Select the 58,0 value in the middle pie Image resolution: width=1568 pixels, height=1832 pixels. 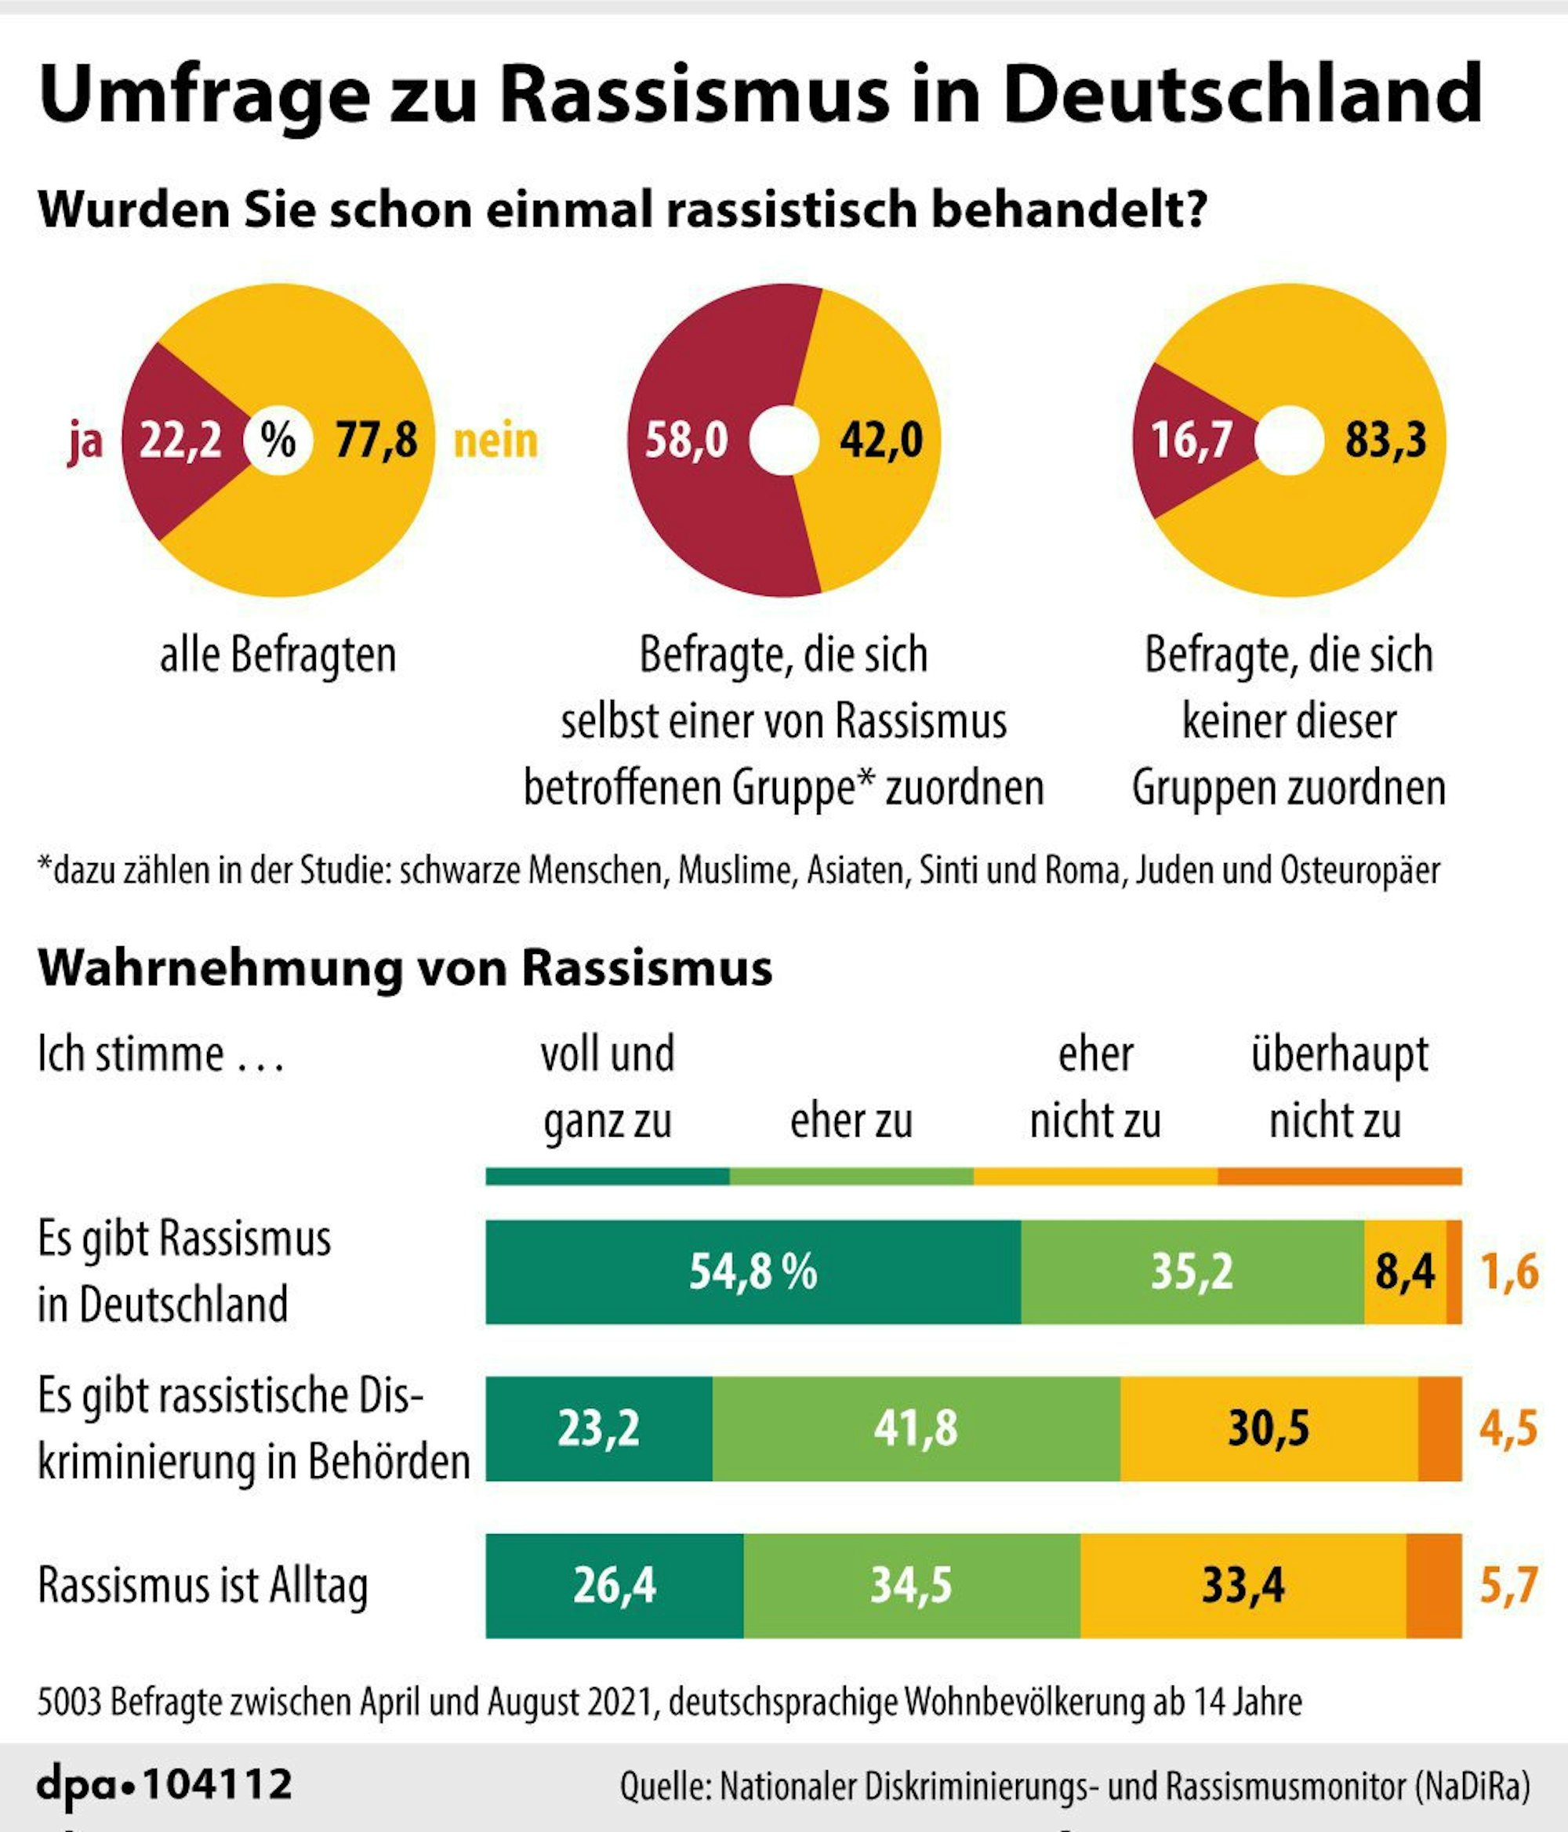pos(685,440)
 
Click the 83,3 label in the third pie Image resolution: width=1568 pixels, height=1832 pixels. pos(1385,440)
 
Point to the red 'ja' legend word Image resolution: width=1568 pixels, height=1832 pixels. pos(85,441)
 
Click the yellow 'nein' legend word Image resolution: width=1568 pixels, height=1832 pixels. pos(495,441)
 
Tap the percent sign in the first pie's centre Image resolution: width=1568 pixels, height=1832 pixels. pos(278,440)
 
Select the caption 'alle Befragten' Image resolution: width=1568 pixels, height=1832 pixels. pos(278,655)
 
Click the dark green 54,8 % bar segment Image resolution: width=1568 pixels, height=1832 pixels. pos(753,1272)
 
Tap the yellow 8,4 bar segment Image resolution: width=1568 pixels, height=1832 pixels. pos(1404,1272)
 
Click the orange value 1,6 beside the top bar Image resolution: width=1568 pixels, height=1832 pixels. pos(1510,1272)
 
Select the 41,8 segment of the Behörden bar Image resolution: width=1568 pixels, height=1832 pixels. pos(916,1428)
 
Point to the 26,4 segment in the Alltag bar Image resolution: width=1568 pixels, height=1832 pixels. pos(614,1584)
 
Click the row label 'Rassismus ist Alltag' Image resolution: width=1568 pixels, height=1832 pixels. pos(202,1585)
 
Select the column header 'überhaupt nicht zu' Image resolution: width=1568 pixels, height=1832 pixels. pos(1338,1087)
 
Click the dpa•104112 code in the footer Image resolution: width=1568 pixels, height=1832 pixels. pos(165,1783)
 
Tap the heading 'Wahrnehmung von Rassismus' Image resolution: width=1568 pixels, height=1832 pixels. pos(405,968)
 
